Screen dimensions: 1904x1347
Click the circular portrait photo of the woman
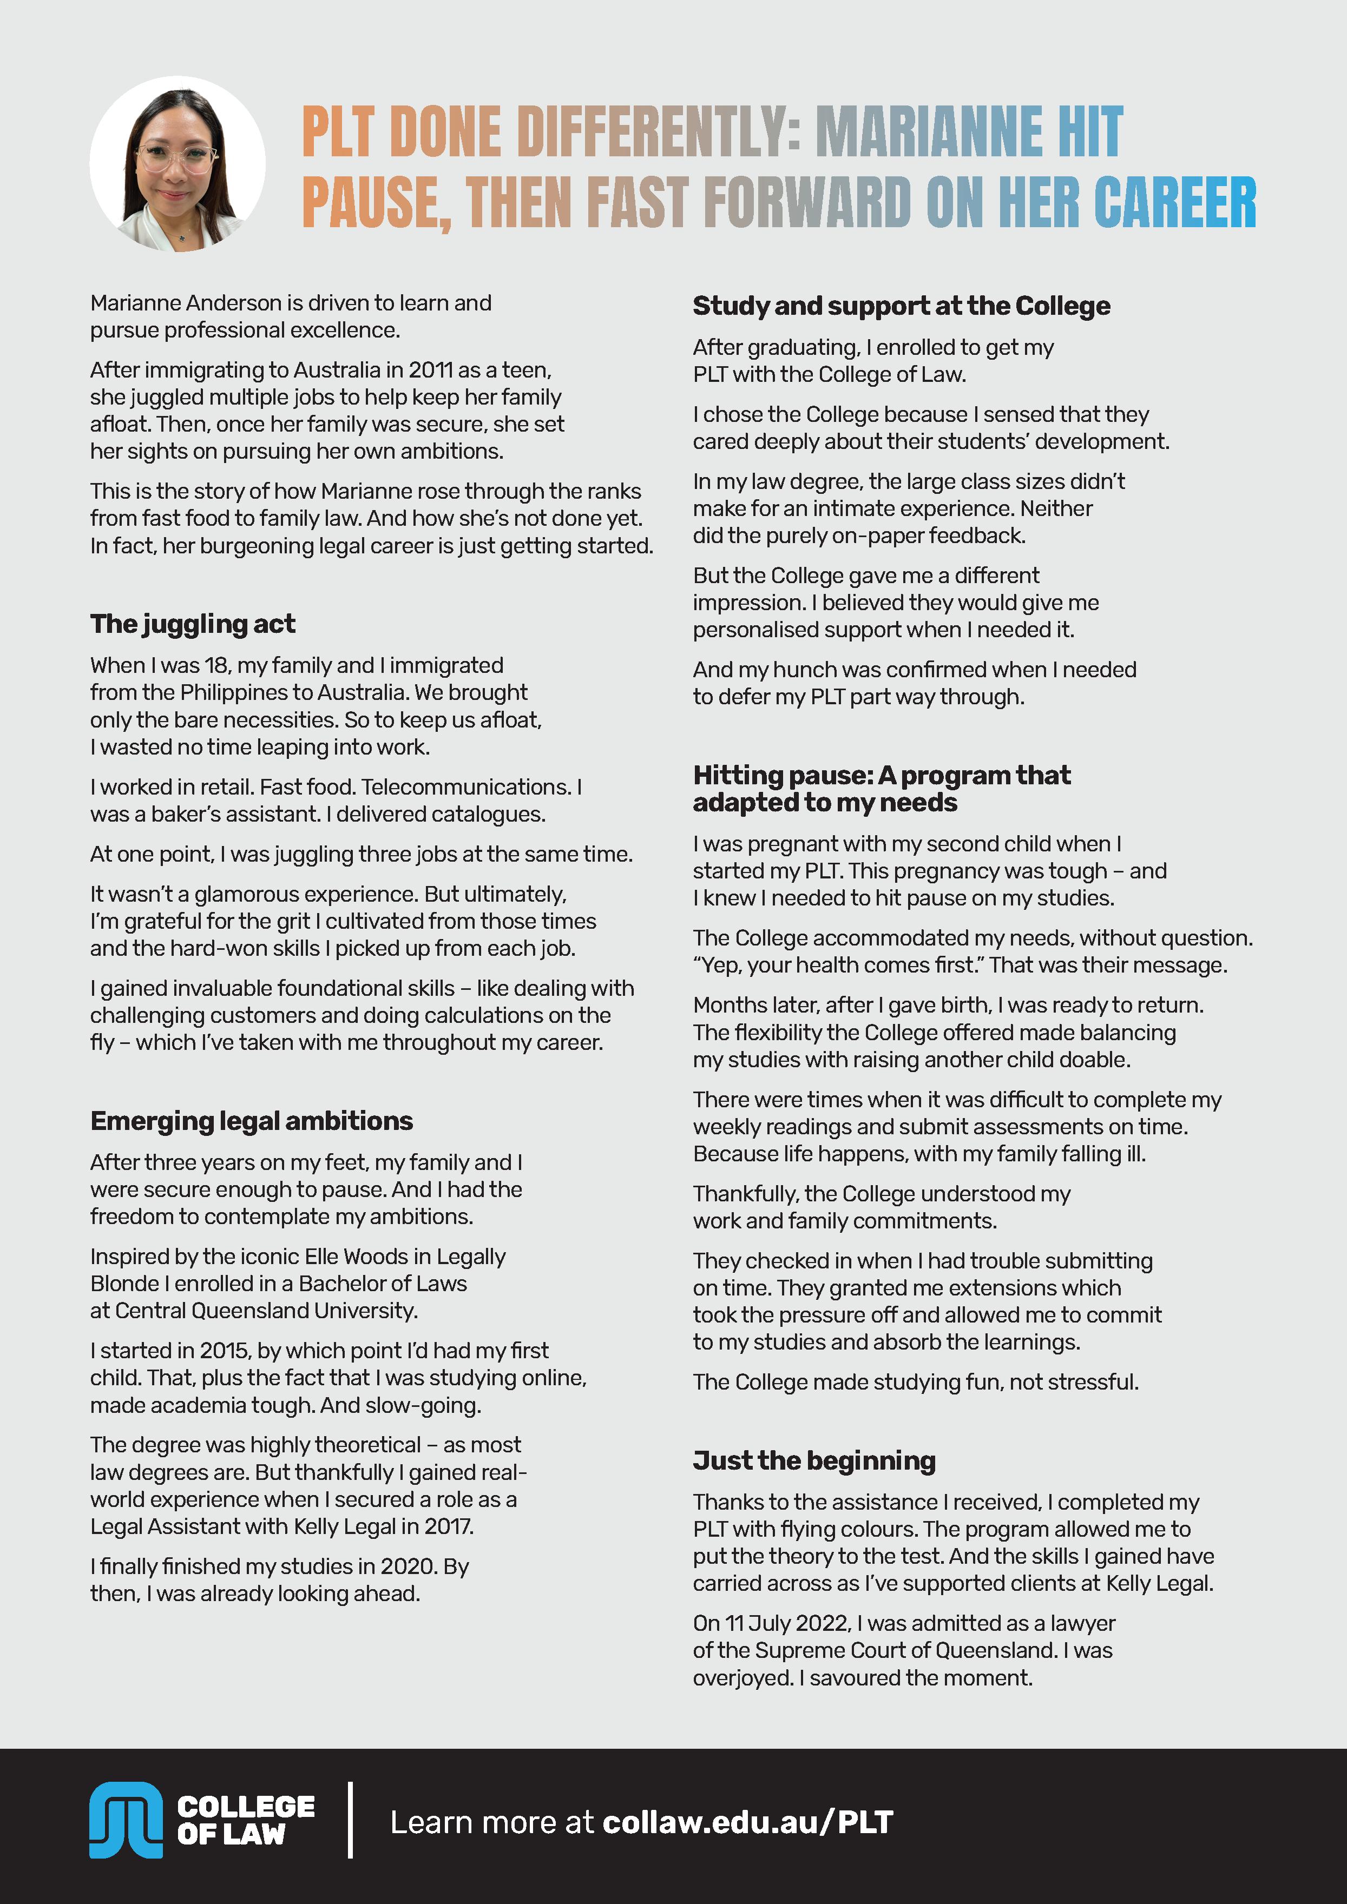click(178, 164)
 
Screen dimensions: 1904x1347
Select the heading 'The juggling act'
click(193, 624)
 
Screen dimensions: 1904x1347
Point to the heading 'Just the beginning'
click(814, 1460)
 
